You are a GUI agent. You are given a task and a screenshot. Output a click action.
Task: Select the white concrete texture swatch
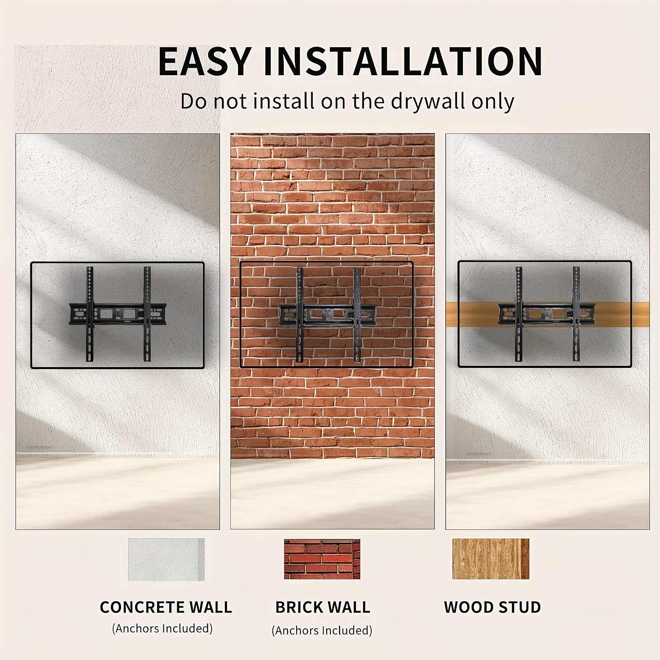[166, 559]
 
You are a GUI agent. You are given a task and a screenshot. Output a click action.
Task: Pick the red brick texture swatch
[322, 559]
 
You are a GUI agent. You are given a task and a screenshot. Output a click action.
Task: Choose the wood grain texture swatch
[491, 559]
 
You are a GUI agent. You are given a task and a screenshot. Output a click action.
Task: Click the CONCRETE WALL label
[166, 607]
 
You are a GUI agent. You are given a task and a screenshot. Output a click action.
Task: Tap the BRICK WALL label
[323, 607]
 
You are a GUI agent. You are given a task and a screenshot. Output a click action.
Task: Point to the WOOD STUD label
[492, 607]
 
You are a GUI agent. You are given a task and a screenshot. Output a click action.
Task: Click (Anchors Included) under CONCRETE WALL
[162, 628]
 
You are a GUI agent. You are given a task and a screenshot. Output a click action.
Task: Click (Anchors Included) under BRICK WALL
[322, 631]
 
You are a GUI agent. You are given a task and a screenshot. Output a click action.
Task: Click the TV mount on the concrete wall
[117, 314]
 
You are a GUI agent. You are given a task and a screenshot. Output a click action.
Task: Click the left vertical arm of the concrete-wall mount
[90, 314]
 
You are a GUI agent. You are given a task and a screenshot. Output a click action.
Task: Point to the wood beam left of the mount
[472, 314]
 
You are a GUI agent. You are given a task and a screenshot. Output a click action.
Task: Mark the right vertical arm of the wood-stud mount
[576, 314]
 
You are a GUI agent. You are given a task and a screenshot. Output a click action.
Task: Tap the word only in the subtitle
[493, 103]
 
